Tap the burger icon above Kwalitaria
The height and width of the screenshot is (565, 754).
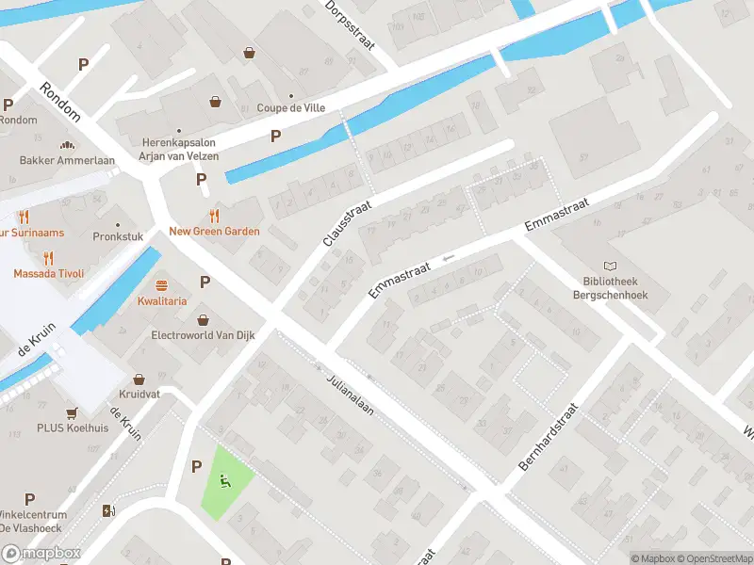161,285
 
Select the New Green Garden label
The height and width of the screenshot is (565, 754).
214,232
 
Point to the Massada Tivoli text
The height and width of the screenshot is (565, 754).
48,273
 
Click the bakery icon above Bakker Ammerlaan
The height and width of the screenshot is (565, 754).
67,145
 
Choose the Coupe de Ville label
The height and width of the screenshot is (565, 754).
291,108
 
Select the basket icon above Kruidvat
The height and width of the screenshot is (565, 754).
139,379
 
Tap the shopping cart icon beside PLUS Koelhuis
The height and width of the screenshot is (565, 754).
71,413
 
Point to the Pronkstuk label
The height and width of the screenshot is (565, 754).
118,236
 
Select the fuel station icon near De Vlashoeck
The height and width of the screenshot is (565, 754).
108,511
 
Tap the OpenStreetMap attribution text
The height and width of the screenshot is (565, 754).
715,558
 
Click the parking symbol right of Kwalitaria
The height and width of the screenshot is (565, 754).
205,282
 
